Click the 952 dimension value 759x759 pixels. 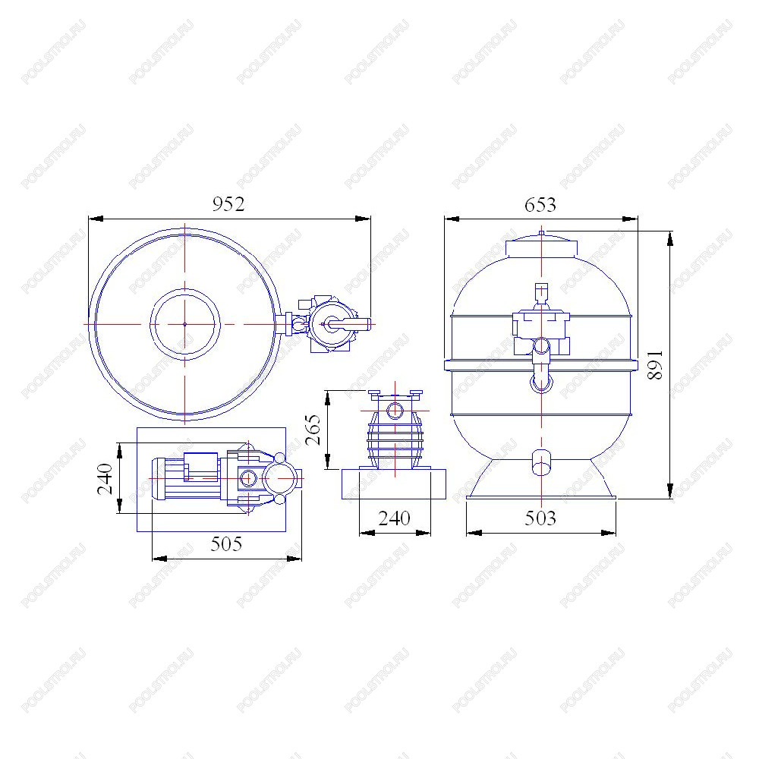click(x=228, y=204)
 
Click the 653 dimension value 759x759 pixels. click(x=540, y=205)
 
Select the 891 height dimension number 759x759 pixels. click(x=655, y=365)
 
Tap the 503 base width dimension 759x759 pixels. click(x=540, y=518)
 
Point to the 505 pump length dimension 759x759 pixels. click(x=226, y=544)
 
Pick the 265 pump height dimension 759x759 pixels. click(x=313, y=430)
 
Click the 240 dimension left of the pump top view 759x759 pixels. click(x=105, y=479)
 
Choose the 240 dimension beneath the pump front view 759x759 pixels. click(x=394, y=518)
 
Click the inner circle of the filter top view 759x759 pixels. click(x=185, y=290)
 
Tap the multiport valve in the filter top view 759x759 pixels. click(x=333, y=324)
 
